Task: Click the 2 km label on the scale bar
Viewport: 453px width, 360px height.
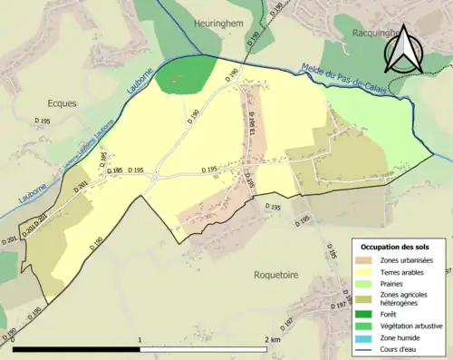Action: (x=274, y=339)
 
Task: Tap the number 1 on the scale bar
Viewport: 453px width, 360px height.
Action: (x=140, y=339)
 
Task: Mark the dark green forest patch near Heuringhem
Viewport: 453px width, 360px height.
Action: (x=186, y=75)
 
